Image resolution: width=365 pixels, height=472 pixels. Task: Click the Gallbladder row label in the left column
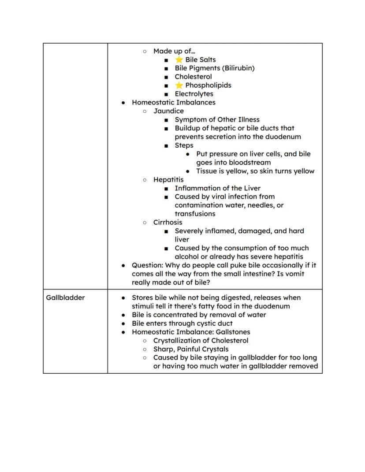click(x=65, y=297)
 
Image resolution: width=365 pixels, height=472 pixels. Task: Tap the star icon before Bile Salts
click(x=179, y=59)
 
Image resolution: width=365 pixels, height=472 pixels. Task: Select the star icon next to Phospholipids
click(x=179, y=85)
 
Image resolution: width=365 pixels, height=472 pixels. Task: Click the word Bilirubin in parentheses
click(x=238, y=68)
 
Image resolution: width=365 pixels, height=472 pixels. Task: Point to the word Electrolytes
click(x=194, y=94)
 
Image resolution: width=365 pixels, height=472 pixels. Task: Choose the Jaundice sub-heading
click(x=168, y=111)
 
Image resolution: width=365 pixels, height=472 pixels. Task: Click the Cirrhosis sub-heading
click(x=168, y=222)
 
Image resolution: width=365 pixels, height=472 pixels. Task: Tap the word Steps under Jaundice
click(x=184, y=145)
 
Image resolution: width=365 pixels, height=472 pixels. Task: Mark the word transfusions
click(x=195, y=214)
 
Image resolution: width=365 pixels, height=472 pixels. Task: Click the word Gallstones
click(x=233, y=332)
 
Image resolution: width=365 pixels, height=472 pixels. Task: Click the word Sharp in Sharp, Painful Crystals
click(x=164, y=349)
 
